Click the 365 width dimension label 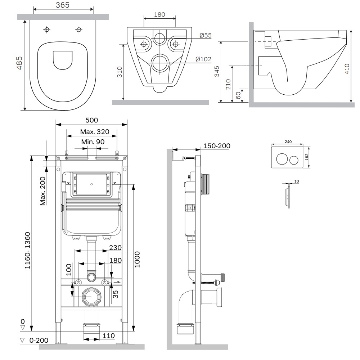(63, 5)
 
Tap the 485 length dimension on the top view (19, 63)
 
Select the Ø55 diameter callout (206, 35)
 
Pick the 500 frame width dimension (91, 120)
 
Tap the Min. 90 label (93, 142)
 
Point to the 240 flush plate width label (287, 142)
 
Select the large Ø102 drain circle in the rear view (159, 63)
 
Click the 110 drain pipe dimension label (108, 336)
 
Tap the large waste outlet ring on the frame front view (92, 297)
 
